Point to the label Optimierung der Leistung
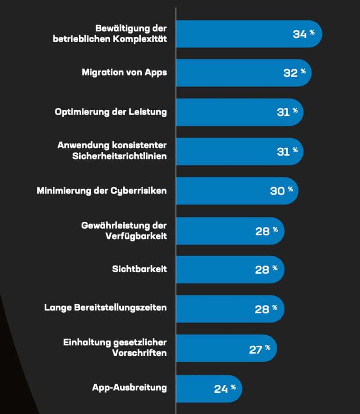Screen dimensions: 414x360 pyautogui.click(x=111, y=112)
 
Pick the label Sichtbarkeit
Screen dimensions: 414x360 pyautogui.click(x=139, y=269)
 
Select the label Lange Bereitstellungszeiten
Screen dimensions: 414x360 pyautogui.click(x=106, y=308)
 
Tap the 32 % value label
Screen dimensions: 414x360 pyautogui.click(x=294, y=73)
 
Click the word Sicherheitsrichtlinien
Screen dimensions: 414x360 pyautogui.click(x=120, y=156)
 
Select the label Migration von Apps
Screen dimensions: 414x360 pyautogui.click(x=124, y=72)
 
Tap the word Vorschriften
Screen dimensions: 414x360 pyautogui.click(x=139, y=352)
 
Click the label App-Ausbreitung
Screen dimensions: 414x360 pyautogui.click(x=129, y=387)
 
